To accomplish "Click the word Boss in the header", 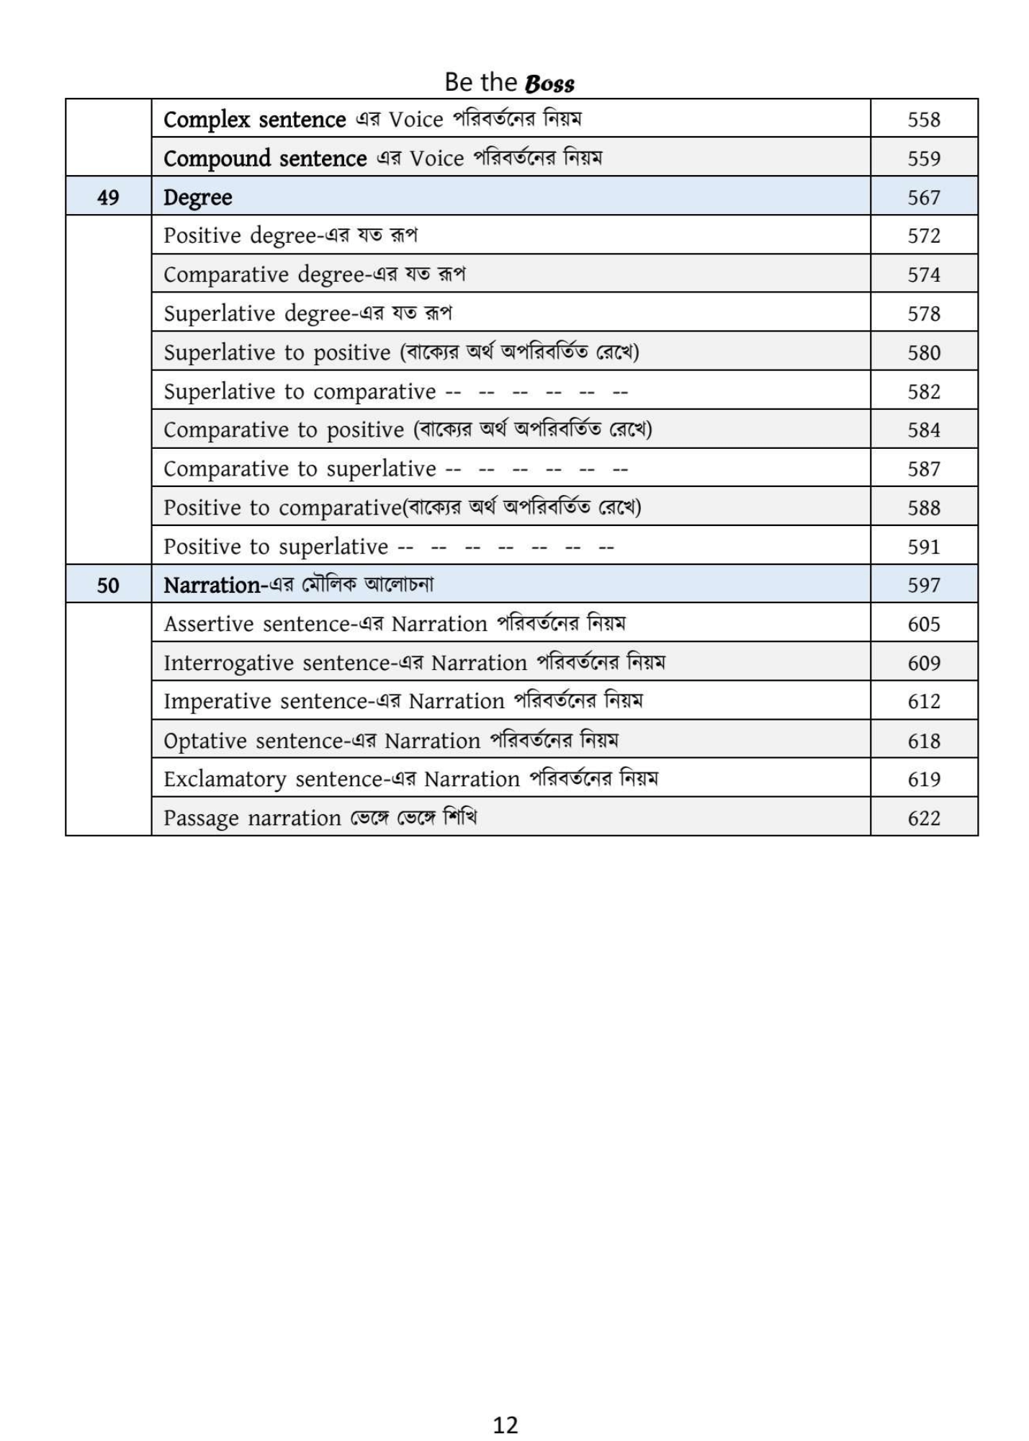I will (549, 84).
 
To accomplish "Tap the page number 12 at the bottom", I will (505, 1424).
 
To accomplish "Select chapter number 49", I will (108, 197).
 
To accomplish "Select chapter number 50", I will (108, 584).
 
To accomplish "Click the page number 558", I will (923, 119).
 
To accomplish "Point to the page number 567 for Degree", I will (923, 197).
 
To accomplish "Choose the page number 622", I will (923, 818).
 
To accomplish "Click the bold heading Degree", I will (197, 197).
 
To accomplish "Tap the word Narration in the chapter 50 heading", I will (211, 585).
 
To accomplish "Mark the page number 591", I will (923, 546).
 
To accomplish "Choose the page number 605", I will (923, 624).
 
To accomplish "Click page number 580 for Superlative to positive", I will (923, 352).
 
